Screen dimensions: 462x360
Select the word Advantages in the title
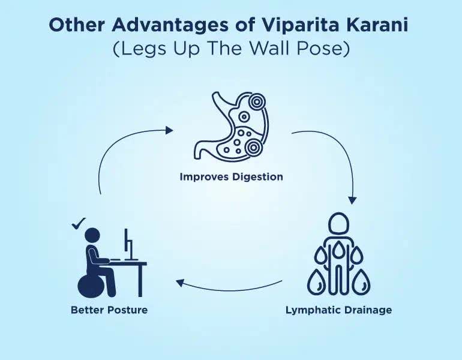[x=170, y=25]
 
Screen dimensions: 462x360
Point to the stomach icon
[x=231, y=126]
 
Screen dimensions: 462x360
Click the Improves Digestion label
[x=231, y=177]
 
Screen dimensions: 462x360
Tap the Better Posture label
[x=109, y=310]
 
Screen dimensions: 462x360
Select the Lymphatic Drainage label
[x=338, y=310]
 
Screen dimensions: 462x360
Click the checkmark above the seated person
[x=79, y=223]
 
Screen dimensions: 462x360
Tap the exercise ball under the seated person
[x=90, y=286]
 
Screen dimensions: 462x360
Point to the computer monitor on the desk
[x=129, y=245]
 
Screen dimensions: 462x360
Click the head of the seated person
[x=92, y=236]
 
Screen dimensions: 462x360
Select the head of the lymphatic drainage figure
[x=339, y=223]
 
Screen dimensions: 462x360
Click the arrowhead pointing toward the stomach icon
[x=169, y=130]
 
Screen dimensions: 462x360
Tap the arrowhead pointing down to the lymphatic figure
[x=352, y=200]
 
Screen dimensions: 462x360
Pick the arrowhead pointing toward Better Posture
[x=180, y=283]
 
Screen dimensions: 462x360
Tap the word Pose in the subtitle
[x=323, y=49]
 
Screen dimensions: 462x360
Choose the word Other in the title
[x=77, y=25]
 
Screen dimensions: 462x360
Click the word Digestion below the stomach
[x=257, y=178]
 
